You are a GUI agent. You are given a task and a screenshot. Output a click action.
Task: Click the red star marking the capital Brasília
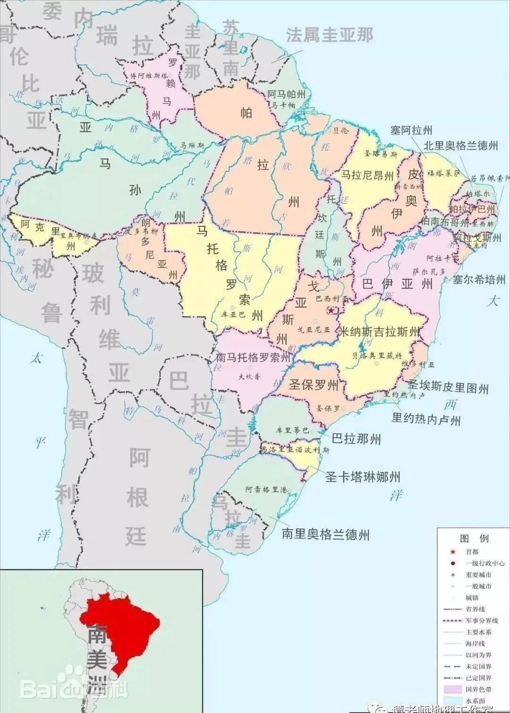pos(331,310)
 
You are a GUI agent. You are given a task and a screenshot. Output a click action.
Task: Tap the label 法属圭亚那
pos(329,35)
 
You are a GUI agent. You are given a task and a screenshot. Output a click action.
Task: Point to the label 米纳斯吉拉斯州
pos(380,332)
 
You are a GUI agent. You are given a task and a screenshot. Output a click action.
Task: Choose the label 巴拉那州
pos(356,439)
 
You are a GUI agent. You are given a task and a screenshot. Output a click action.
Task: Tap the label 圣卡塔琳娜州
pos(363,477)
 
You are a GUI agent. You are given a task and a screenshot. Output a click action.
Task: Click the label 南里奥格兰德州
pos(326,535)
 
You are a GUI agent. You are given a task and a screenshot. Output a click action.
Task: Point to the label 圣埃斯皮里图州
pos(448,388)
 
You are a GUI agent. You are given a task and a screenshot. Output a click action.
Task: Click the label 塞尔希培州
pos(479,280)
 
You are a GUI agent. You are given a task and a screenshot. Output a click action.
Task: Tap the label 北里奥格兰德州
pos(460,146)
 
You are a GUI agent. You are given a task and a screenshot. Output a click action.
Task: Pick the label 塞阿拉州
pos(411,130)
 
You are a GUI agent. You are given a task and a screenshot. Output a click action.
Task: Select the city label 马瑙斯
pos(192,146)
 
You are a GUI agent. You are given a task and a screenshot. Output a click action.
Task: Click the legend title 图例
pos(474,539)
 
